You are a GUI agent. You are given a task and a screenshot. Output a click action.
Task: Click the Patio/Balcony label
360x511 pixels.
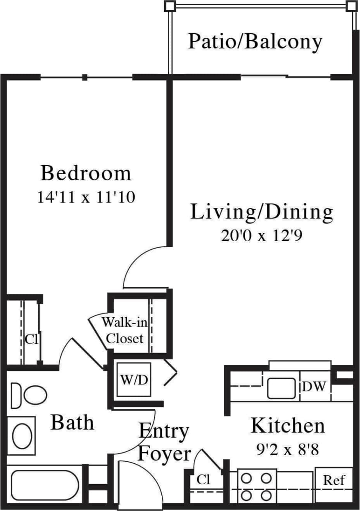click(x=255, y=42)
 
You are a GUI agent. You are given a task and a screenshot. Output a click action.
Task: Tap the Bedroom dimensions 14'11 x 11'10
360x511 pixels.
click(x=86, y=198)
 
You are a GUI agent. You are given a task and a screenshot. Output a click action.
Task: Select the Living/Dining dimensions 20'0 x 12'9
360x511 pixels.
click(x=261, y=236)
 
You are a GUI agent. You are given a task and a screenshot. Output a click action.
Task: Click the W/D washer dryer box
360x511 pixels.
click(x=133, y=380)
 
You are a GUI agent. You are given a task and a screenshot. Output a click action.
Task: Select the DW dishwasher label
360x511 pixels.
click(x=315, y=387)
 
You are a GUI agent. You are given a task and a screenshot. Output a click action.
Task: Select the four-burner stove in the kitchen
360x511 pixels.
click(x=257, y=487)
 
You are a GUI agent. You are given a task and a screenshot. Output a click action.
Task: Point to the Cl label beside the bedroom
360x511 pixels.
click(x=31, y=340)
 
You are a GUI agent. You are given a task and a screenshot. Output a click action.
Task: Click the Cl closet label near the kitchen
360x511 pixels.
click(x=204, y=479)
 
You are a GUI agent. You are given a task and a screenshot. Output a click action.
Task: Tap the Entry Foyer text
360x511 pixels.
click(x=164, y=442)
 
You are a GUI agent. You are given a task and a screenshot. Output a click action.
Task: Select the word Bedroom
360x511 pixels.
click(x=86, y=173)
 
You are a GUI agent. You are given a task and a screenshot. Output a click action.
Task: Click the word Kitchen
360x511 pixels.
click(x=288, y=426)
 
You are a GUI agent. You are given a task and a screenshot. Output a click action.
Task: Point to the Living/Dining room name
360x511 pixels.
click(x=261, y=212)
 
